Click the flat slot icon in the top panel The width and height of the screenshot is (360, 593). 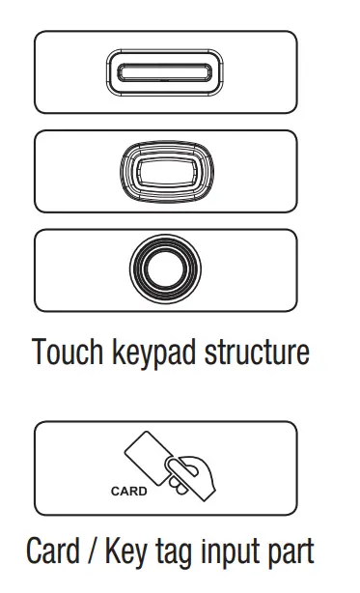(165, 73)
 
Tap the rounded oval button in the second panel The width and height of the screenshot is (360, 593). (165, 172)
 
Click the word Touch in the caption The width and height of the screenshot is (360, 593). (67, 353)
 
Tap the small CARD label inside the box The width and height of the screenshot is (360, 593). (127, 491)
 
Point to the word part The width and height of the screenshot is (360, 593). (291, 553)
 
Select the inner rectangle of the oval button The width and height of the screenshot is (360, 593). (165, 172)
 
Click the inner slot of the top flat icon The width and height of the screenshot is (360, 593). (165, 73)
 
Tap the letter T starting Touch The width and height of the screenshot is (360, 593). (39, 353)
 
